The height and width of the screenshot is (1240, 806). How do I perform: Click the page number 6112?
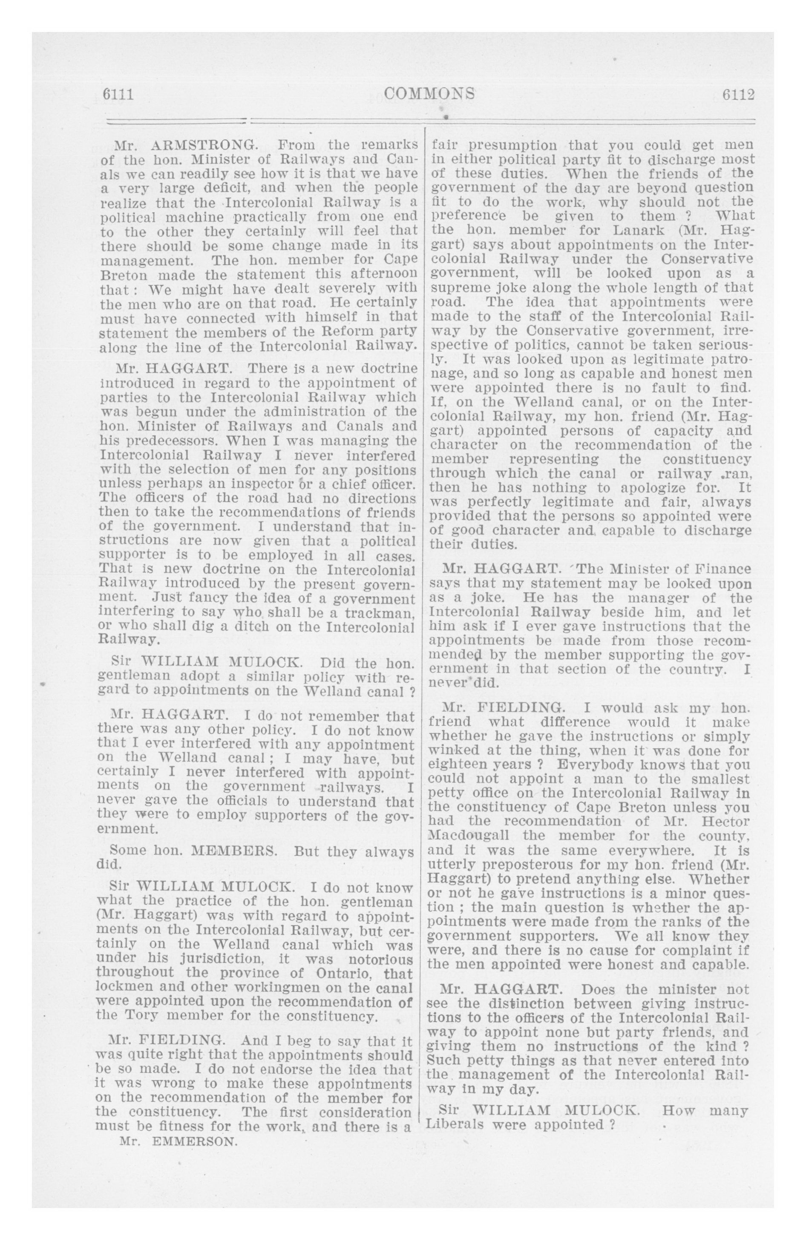(738, 95)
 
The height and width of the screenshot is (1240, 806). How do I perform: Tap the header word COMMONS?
(429, 94)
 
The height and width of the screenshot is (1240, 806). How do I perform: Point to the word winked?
(450, 751)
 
